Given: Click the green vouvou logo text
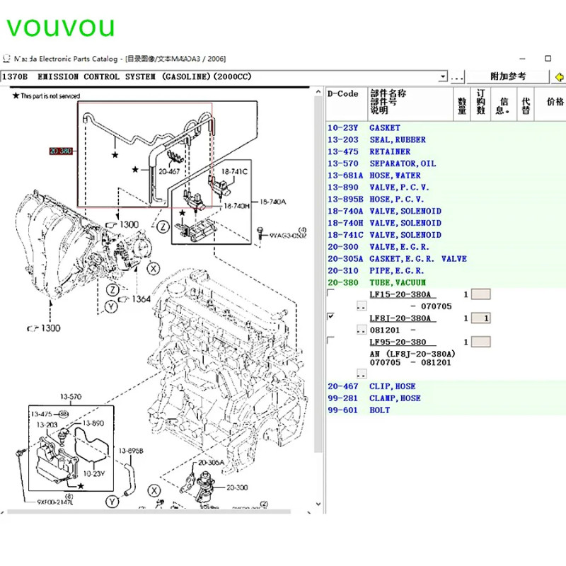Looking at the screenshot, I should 60,26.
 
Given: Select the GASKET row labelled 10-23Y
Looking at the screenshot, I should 385,128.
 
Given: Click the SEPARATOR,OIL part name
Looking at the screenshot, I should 403,163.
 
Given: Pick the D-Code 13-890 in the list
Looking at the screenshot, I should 343,187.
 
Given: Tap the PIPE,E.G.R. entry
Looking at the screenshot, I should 397,270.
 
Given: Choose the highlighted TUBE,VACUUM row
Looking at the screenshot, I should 398,282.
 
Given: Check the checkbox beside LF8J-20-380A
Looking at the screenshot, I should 330,317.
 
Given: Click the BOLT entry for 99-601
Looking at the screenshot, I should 379,410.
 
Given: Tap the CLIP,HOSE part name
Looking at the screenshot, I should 393,386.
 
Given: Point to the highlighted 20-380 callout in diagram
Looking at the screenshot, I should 61,151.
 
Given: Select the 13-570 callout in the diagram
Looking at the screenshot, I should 71,397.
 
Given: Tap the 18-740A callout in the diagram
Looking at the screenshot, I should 273,202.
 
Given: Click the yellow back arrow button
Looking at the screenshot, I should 559,76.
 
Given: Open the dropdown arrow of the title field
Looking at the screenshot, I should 443,76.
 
